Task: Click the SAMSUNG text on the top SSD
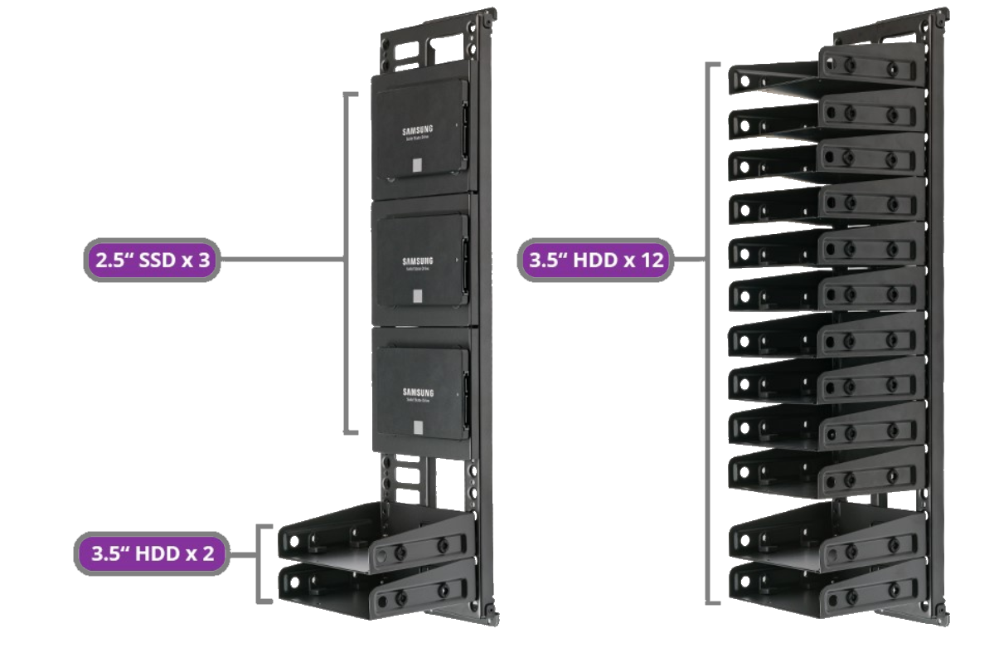[419, 130]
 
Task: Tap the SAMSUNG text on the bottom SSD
[419, 391]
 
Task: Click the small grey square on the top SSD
[416, 165]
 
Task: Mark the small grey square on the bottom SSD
[417, 426]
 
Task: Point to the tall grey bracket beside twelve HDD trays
[709, 332]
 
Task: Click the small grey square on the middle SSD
[416, 296]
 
